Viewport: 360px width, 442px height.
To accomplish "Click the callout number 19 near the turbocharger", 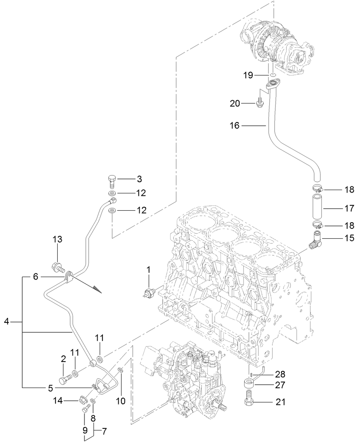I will pyautogui.click(x=247, y=75).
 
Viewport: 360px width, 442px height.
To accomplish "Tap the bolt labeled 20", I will pyautogui.click(x=260, y=103).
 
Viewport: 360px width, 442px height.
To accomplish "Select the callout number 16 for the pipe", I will pyautogui.click(x=234, y=125).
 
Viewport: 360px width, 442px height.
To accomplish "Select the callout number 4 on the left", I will pyautogui.click(x=6, y=321).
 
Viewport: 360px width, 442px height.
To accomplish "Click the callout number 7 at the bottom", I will pyautogui.click(x=104, y=432).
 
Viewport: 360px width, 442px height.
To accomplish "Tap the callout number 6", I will pyautogui.click(x=35, y=277).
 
